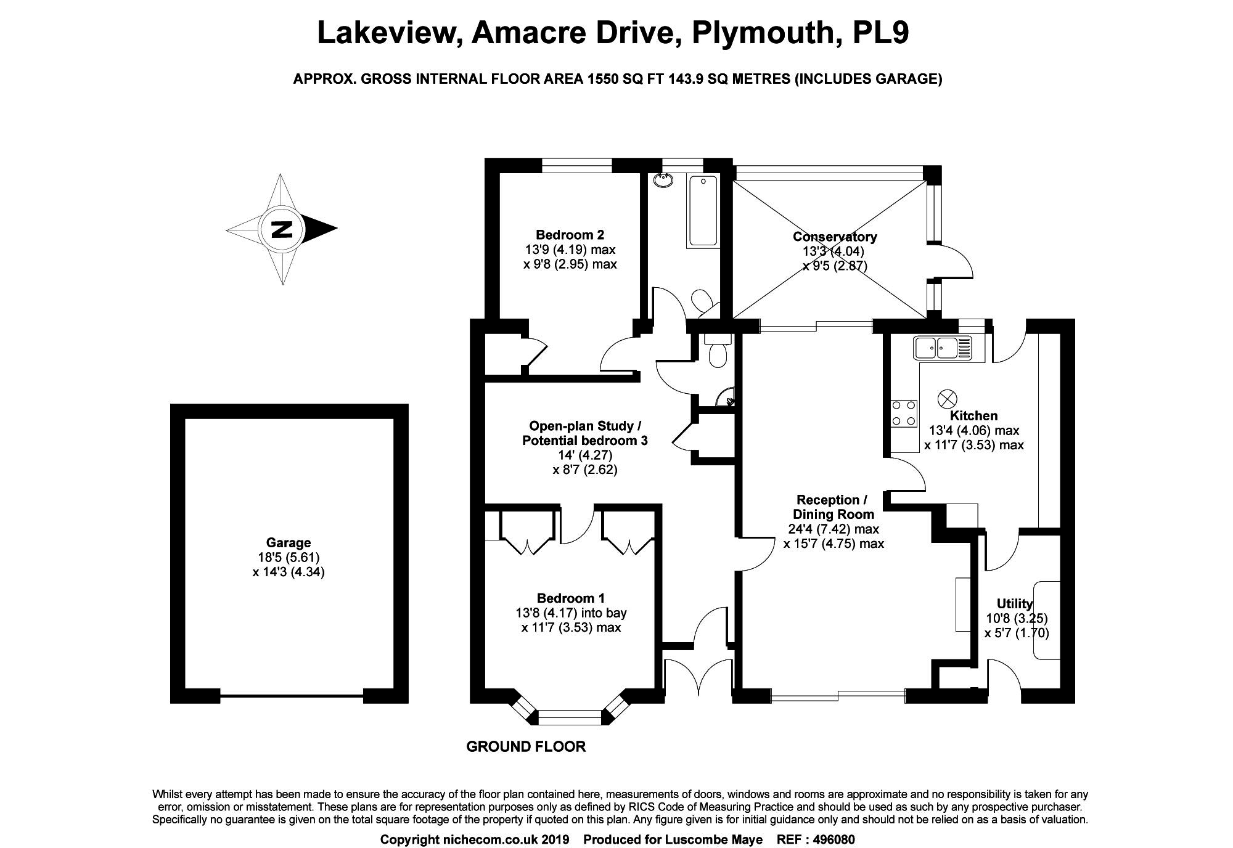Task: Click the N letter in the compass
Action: pos(282,229)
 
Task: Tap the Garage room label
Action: pos(288,543)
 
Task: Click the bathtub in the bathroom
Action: pos(702,211)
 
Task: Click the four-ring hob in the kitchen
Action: pos(903,414)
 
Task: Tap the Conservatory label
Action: pos(835,237)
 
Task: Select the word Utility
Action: pos(1015,603)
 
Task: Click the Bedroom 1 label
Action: pos(570,598)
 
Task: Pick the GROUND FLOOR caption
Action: pos(525,747)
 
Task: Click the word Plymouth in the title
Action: pos(762,33)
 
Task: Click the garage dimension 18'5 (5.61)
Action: pos(288,558)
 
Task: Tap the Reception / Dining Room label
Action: pos(833,507)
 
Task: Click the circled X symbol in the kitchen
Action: pos(946,399)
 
